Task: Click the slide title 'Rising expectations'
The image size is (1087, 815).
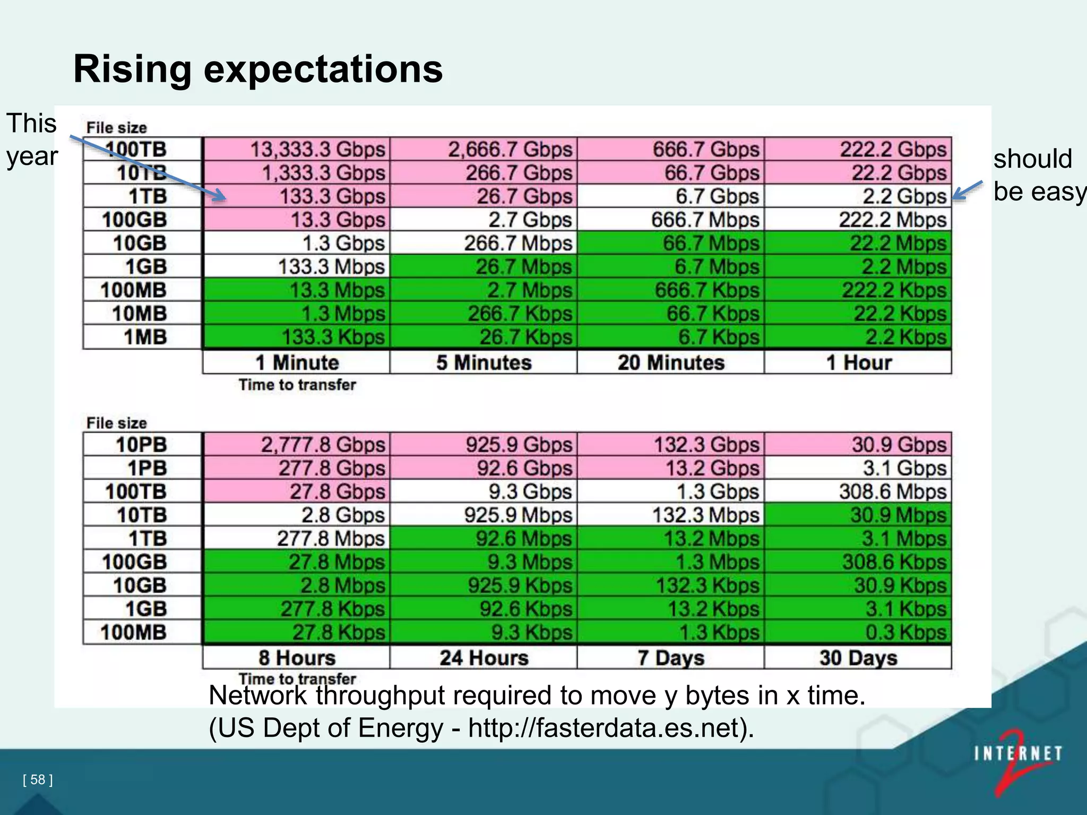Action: click(258, 69)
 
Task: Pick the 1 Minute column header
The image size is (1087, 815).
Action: click(297, 362)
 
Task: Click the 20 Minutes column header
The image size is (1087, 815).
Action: click(671, 362)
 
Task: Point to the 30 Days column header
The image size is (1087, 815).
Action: click(858, 658)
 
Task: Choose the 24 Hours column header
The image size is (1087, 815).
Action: click(484, 658)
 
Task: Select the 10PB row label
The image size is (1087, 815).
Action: click(141, 445)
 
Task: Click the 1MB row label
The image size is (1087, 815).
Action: click(145, 337)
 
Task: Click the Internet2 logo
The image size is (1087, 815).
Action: click(1017, 760)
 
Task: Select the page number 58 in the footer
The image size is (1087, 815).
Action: click(38, 779)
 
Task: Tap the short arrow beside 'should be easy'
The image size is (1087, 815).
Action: click(967, 190)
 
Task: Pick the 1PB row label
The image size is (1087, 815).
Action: click(147, 468)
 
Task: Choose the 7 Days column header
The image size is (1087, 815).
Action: click(671, 658)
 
